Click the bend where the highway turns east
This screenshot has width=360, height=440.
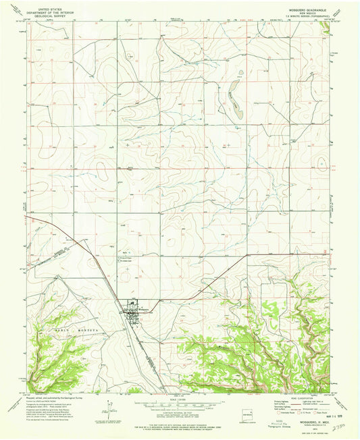247,254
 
